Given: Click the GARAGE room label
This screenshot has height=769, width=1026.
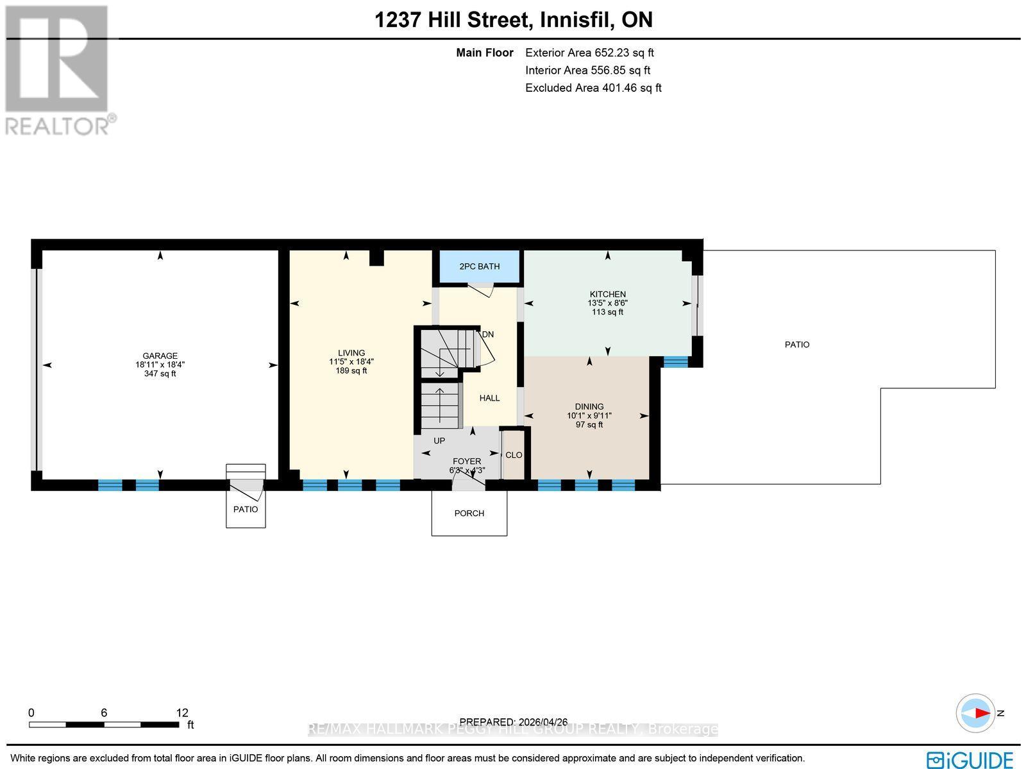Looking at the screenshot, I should click(x=160, y=356).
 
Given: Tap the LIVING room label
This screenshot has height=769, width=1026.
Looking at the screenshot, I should click(x=351, y=353).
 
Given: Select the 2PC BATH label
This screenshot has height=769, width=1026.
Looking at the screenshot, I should click(x=479, y=266).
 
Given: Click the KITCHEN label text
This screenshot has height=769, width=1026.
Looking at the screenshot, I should click(x=607, y=294).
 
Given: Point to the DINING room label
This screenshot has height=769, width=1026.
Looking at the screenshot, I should click(x=589, y=406).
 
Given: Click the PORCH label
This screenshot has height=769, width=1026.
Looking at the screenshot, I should click(x=469, y=513).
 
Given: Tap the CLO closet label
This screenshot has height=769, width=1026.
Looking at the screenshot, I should click(x=514, y=454).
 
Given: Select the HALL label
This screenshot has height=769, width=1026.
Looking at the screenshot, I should click(x=489, y=398).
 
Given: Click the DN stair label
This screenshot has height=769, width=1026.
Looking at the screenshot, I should click(x=488, y=334).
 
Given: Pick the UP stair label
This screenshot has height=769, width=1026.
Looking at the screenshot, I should click(x=439, y=441).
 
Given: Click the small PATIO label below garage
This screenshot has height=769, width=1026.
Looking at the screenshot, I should click(x=246, y=509).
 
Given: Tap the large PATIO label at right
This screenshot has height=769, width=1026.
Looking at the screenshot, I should click(x=797, y=345).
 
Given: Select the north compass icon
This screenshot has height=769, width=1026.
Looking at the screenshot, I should click(x=977, y=713).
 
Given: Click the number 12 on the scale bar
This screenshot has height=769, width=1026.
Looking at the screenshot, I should click(x=182, y=713).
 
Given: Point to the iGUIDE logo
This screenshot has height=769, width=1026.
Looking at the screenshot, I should click(x=970, y=759).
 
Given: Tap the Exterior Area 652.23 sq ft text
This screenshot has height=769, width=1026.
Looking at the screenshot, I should click(x=589, y=53).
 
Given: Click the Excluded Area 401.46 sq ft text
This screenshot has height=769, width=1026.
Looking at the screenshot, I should click(x=593, y=88).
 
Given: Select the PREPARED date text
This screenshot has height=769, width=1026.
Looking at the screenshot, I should click(x=513, y=722).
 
